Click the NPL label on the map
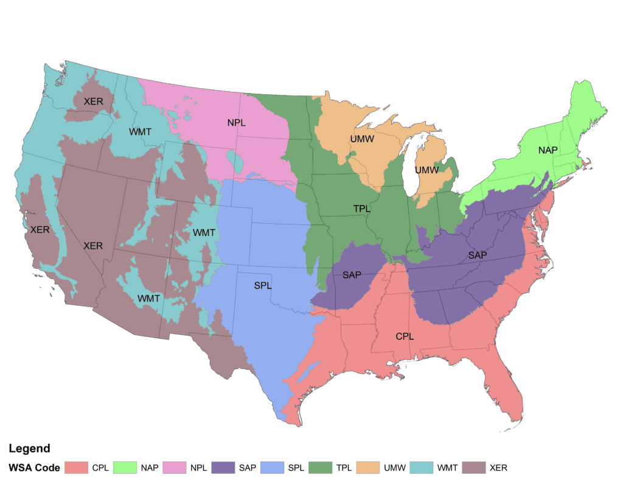236,123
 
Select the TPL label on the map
362,209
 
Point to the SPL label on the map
263,285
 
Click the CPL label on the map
405,335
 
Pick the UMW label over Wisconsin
362,139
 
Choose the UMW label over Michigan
426,170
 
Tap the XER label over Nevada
93,246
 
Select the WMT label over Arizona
148,298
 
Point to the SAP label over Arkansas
352,275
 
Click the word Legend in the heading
29,449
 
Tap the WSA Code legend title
34,468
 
